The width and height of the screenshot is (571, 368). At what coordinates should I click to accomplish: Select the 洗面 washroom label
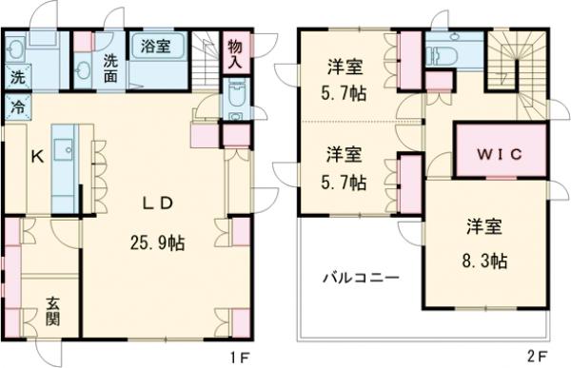[x=111, y=67]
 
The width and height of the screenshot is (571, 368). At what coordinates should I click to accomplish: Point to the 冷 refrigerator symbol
[x=18, y=107]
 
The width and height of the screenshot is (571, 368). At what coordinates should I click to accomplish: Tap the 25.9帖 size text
[x=158, y=242]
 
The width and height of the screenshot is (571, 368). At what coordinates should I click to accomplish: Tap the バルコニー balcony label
[x=359, y=278]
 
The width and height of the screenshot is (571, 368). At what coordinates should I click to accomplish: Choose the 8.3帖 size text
[x=485, y=259]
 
